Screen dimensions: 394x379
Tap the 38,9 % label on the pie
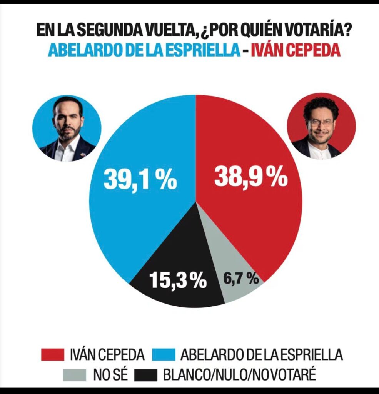click(x=251, y=177)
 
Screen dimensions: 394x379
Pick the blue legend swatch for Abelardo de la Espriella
click(x=163, y=354)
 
